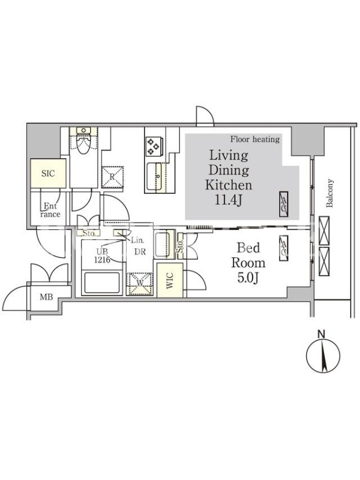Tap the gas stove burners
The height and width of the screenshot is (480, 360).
coord(153,146)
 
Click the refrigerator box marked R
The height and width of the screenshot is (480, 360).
coord(112,177)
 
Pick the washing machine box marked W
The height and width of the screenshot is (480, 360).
coord(140,284)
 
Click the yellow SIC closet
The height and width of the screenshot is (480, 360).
coord(48,173)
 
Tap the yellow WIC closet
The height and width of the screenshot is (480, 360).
coord(170,280)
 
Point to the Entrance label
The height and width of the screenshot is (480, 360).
coord(50,210)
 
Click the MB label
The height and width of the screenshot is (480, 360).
coord(46,296)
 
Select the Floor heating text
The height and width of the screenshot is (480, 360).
coord(255,139)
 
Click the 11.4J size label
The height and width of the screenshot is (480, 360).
coord(229,200)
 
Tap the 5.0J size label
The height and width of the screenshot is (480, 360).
coord(248,278)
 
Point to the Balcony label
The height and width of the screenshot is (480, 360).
coord(329,193)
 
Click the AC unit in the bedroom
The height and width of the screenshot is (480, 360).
coord(283,248)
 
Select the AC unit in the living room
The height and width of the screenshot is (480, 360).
coord(283,205)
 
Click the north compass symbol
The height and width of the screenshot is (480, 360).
coord(323,355)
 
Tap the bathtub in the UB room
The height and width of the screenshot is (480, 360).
coord(102,283)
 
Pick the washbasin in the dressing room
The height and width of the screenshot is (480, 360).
coord(164,244)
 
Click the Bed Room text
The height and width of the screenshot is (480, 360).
coord(248,256)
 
